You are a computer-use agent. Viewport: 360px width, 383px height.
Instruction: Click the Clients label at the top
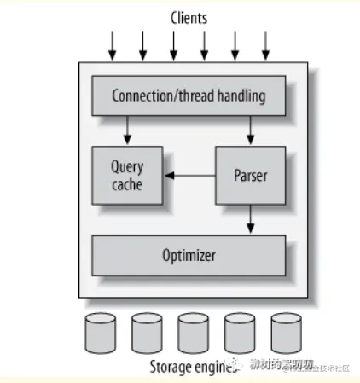189,17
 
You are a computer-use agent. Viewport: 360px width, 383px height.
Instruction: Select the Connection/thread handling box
189,96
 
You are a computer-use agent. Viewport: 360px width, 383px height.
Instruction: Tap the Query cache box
127,176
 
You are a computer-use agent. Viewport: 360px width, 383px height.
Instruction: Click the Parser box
250,176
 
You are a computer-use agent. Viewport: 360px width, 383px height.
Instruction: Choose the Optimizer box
189,255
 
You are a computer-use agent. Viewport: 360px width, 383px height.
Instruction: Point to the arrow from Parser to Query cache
189,177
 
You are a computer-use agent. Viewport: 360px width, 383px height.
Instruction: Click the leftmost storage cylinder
100,334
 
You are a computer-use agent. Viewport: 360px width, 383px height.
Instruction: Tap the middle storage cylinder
193,334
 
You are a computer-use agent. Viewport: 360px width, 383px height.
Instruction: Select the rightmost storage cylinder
285,334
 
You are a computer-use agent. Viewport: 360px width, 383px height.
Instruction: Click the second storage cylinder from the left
147,334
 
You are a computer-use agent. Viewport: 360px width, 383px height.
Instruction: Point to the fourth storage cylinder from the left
239,334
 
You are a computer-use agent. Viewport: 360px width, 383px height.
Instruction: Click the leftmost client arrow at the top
112,46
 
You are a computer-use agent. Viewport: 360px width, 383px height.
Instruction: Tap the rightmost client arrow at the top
265,46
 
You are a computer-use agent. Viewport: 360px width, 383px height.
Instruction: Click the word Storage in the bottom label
173,368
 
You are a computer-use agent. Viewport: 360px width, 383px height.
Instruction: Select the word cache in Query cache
127,184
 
